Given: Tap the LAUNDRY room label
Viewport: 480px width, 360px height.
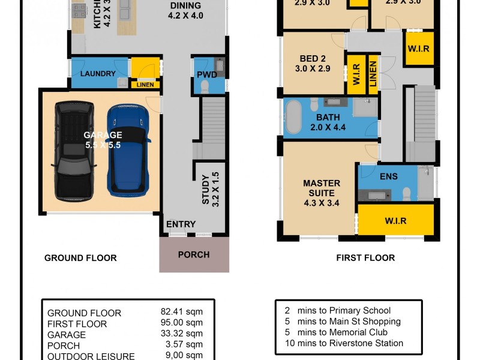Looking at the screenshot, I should (x=97, y=74).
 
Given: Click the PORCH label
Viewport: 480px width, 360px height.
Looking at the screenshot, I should (x=194, y=254).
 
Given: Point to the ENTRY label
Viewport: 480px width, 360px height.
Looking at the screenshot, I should (x=181, y=224).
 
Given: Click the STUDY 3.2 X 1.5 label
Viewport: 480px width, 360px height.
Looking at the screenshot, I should (x=210, y=190).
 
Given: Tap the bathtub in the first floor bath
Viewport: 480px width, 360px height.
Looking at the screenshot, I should (x=295, y=116).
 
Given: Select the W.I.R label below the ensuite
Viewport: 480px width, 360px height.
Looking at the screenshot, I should (x=395, y=221).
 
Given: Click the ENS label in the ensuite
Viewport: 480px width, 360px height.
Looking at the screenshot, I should (x=388, y=176).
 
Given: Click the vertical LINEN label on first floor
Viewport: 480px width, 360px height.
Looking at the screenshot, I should (x=373, y=74).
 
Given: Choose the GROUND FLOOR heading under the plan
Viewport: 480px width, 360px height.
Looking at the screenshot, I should (x=80, y=258).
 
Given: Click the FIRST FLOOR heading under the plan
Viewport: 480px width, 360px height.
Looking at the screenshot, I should (x=365, y=258).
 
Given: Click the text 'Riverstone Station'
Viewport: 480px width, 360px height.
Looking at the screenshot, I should (x=366, y=343).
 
